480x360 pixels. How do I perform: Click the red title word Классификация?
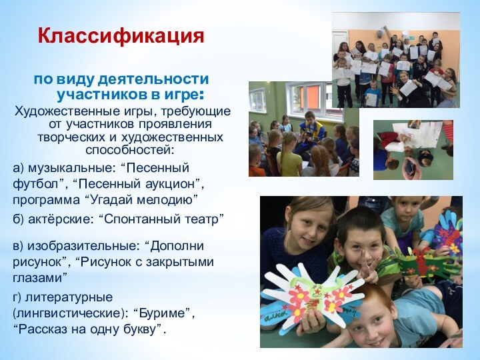click(121, 35)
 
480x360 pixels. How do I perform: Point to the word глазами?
click(39, 277)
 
